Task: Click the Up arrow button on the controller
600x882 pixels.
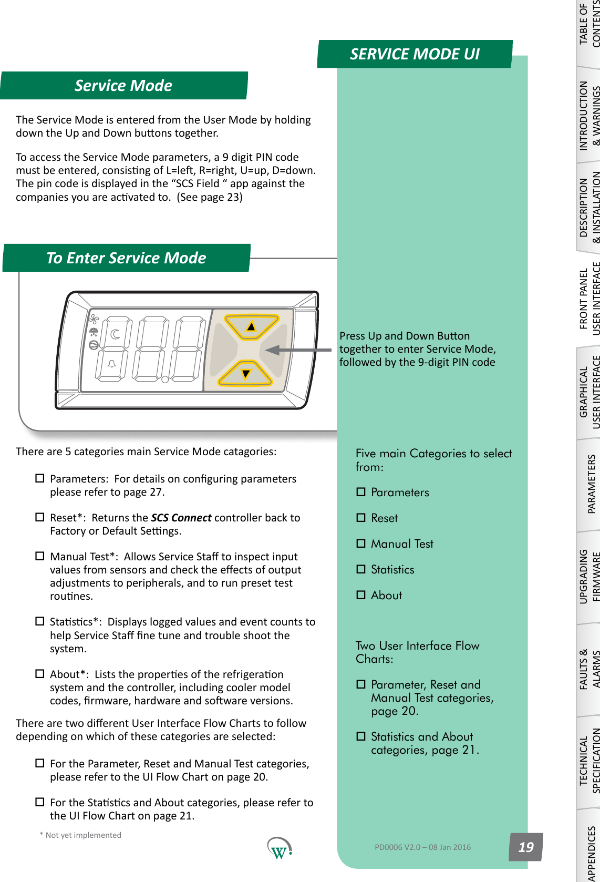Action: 251,326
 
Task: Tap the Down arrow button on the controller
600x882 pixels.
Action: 245,373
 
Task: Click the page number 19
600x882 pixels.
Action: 525,847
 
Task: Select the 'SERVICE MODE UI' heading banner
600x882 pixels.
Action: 415,54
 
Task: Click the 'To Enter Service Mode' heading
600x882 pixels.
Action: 126,258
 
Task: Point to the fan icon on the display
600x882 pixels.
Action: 94,319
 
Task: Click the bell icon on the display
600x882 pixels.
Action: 112,364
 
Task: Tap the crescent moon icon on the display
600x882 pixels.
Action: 115,334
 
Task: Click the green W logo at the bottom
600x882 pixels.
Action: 279,848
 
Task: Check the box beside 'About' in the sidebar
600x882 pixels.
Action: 361,595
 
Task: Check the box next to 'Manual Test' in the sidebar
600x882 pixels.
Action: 361,543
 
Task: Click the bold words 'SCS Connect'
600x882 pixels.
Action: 181,518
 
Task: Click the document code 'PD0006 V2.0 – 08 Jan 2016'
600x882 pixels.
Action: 422,847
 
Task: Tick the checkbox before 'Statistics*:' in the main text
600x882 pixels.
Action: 40,621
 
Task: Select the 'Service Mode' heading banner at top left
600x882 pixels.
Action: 123,86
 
